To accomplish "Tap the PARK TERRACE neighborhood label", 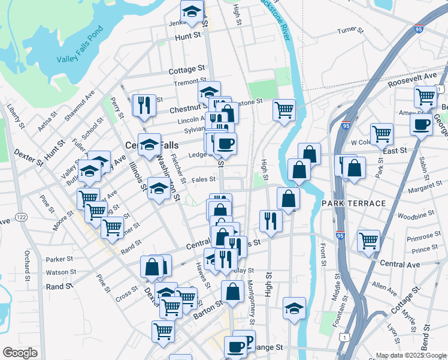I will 353,203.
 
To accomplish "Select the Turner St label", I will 350,31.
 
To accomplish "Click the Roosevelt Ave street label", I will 411,80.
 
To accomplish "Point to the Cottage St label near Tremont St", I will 186,70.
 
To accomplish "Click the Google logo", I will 20,353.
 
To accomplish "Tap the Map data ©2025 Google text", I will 410,355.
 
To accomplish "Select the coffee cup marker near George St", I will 421,125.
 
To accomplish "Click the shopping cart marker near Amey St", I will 425,96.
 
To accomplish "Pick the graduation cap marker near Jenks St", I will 192,12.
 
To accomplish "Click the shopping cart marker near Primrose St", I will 368,241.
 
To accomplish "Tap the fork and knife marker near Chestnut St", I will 144,106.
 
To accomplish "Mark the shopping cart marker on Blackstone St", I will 284,110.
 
